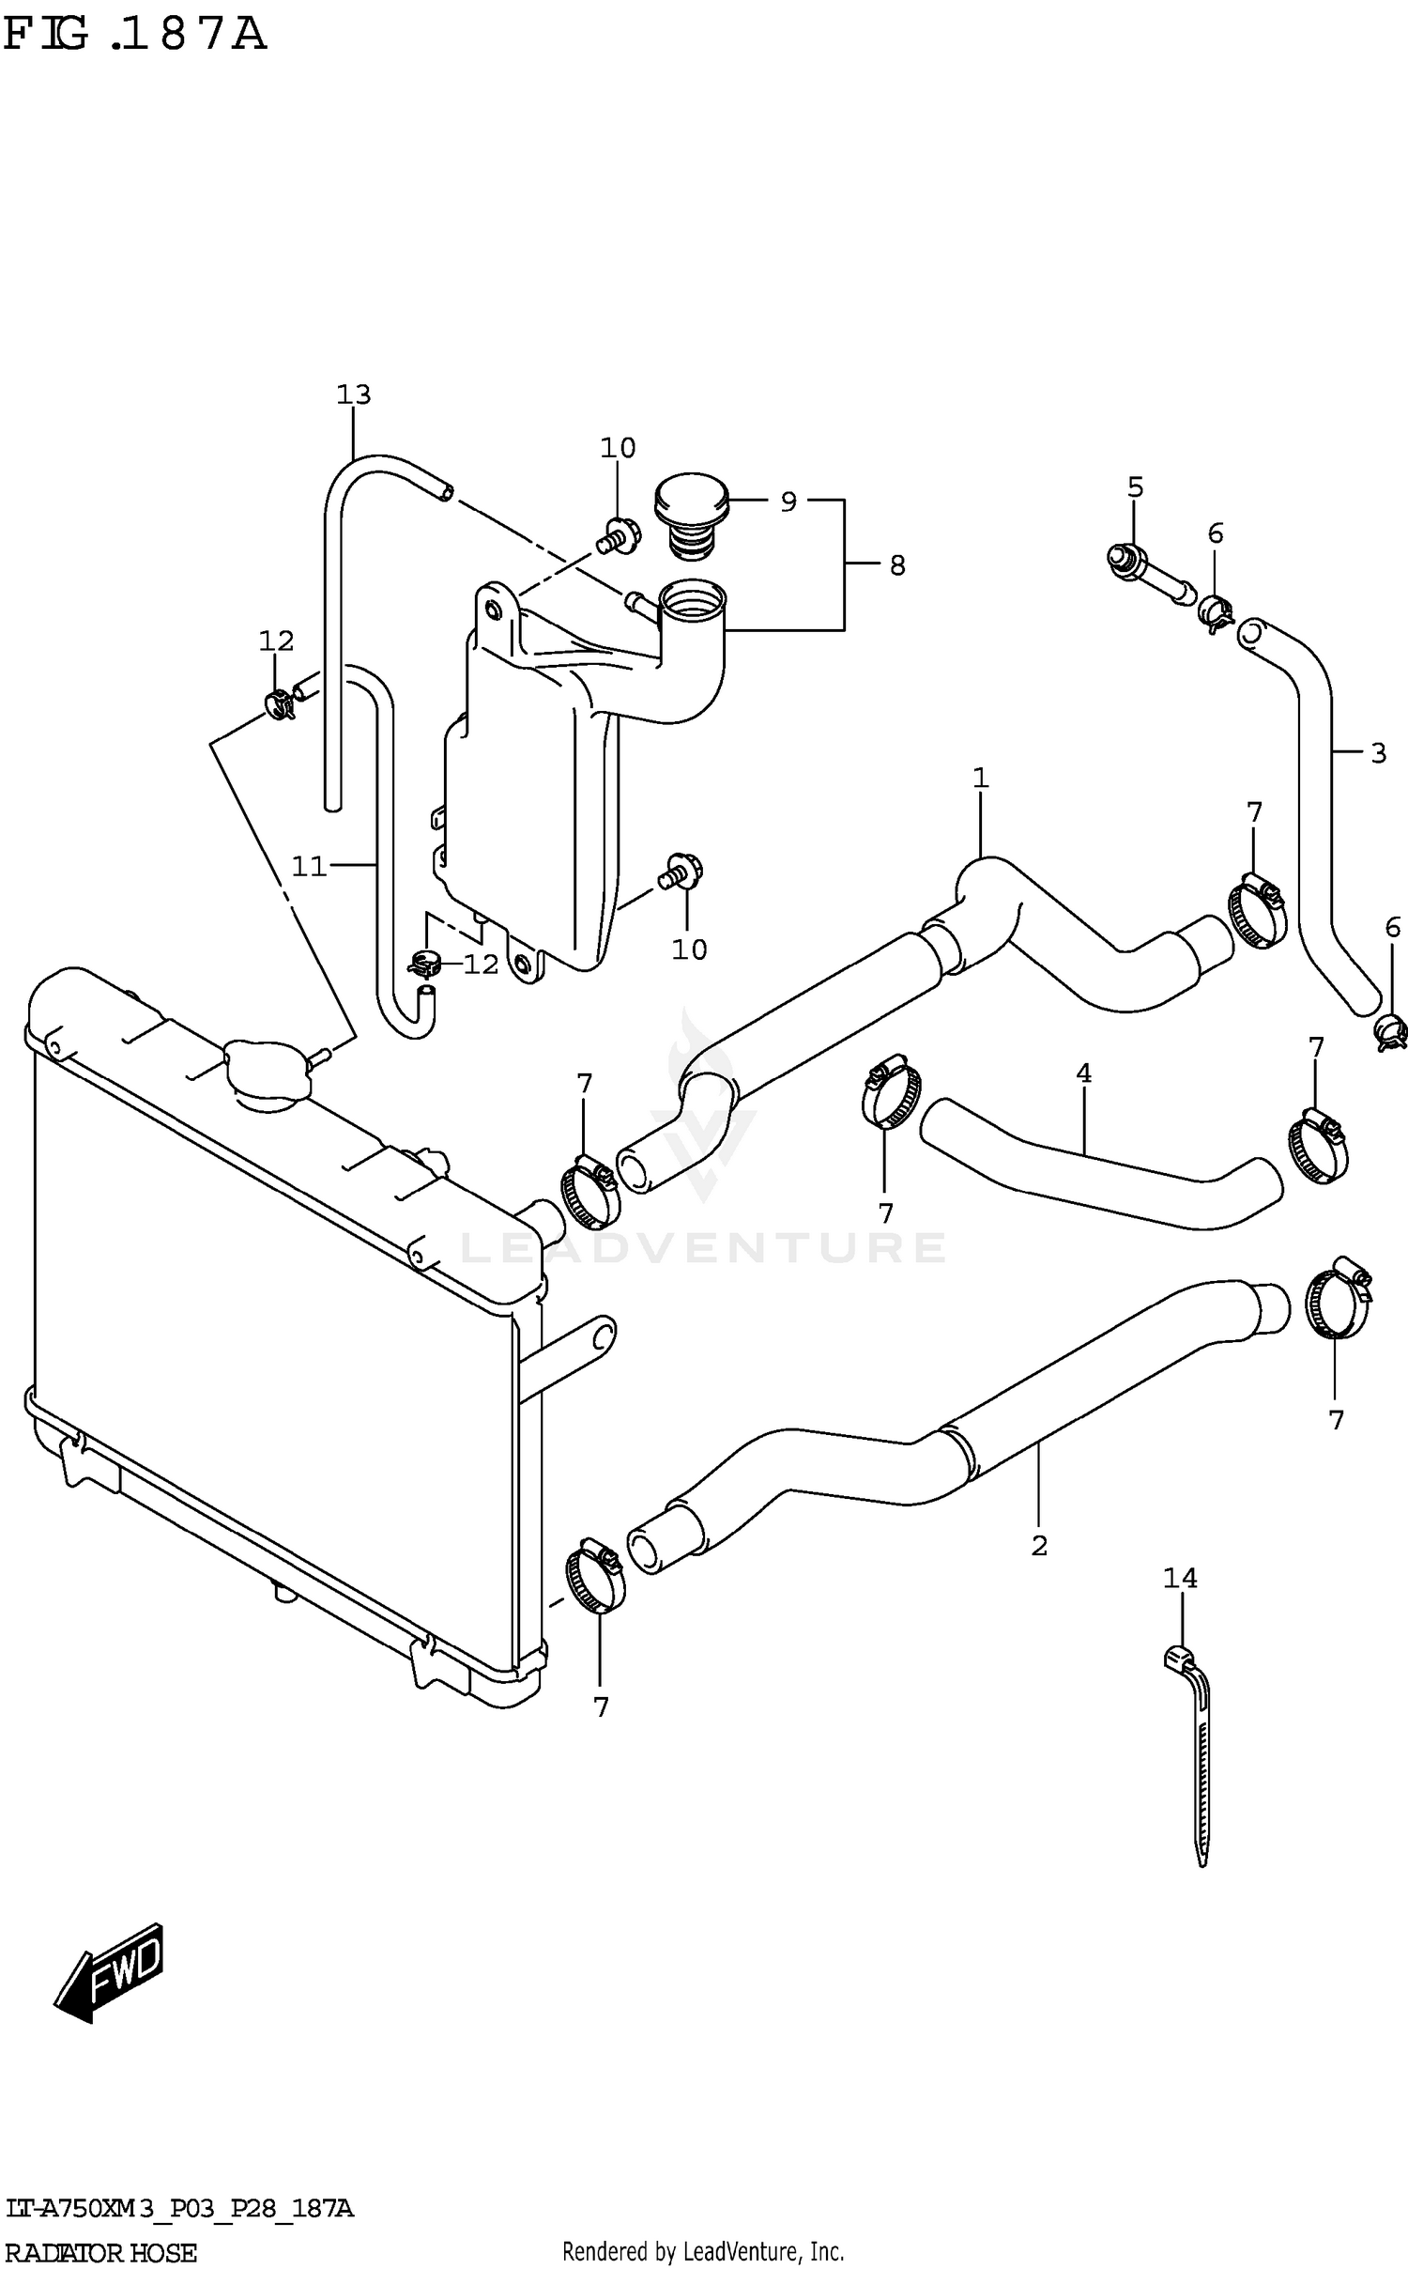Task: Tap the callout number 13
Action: [x=354, y=394]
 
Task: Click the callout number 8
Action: [x=897, y=565]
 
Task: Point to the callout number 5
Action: [x=1135, y=486]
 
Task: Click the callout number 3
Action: [x=1378, y=753]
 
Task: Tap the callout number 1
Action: [x=980, y=778]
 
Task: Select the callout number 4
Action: [x=1083, y=1073]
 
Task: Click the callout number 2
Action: [x=1038, y=1545]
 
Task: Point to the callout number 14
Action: [x=1180, y=1579]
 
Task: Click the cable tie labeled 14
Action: [x=1197, y=1747]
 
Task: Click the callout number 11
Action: [x=308, y=866]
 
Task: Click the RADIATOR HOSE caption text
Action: [x=100, y=2252]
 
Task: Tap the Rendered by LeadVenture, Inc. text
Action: [x=703, y=2251]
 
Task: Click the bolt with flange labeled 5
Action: [x=1145, y=574]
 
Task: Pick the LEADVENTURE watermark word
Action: [x=703, y=1247]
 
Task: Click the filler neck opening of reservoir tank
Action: [x=693, y=598]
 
